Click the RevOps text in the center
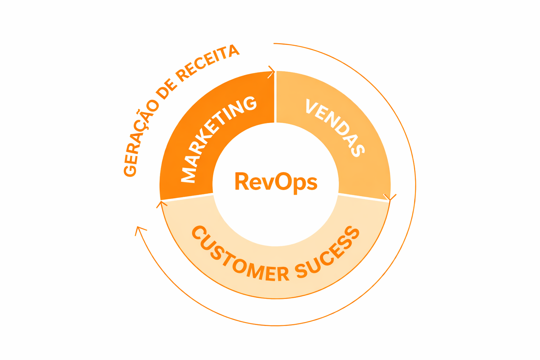[x=276, y=182]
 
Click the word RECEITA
[x=207, y=63]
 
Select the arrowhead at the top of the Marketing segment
[x=271, y=71]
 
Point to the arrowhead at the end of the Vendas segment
[x=390, y=198]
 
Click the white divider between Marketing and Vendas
[x=275, y=97]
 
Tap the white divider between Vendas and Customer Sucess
[x=364, y=197]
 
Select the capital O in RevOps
[x=283, y=181]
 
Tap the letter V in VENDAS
[x=312, y=106]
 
